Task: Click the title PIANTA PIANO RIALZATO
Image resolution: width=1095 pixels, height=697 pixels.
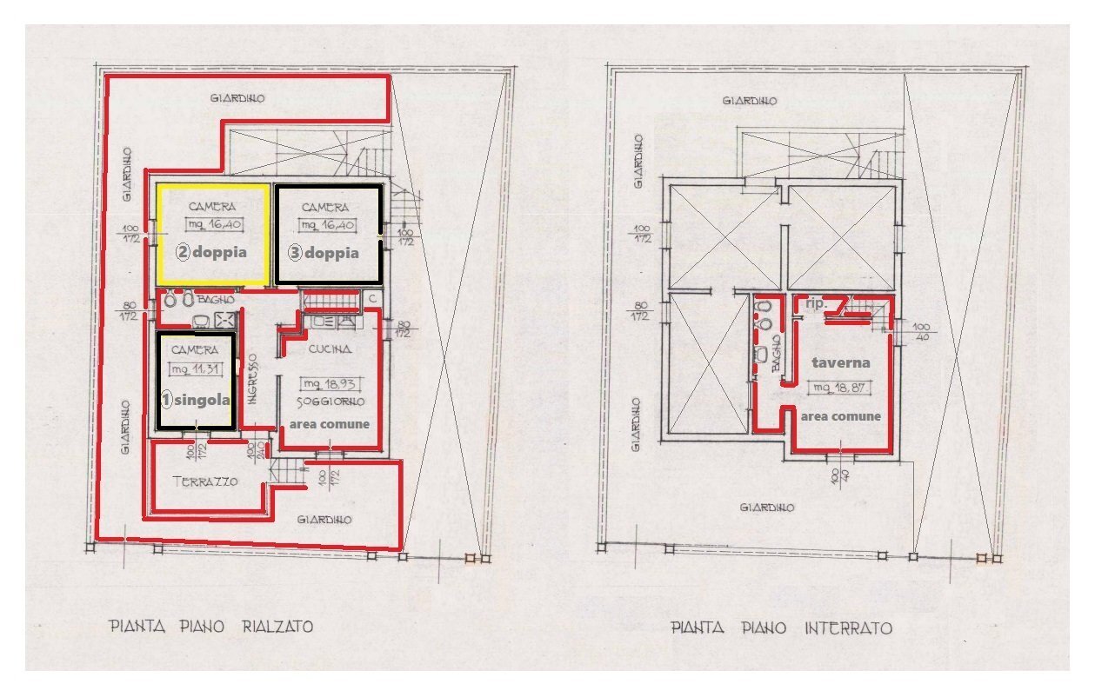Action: pyautogui.click(x=210, y=626)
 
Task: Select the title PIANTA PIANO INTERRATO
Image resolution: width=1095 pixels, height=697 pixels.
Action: pyautogui.click(x=781, y=628)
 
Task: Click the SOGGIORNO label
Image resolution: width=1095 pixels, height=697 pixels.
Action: pyautogui.click(x=328, y=402)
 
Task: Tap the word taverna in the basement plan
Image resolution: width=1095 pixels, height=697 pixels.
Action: pyautogui.click(x=841, y=362)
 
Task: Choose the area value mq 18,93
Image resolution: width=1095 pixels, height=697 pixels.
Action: pyautogui.click(x=329, y=383)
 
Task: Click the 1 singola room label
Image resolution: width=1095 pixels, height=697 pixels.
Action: pyautogui.click(x=196, y=401)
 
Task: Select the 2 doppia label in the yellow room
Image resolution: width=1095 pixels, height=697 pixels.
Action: pyautogui.click(x=211, y=252)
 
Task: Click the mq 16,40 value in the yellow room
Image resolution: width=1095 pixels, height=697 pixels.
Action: pyautogui.click(x=211, y=224)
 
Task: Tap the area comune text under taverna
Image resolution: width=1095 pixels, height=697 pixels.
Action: pyautogui.click(x=841, y=416)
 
